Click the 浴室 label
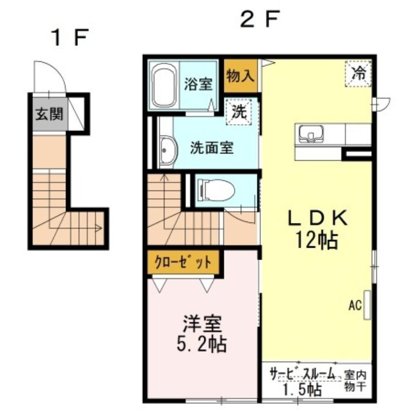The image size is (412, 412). click(x=198, y=84)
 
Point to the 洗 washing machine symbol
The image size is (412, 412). click(x=238, y=111)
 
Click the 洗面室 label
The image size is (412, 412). click(x=211, y=148)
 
